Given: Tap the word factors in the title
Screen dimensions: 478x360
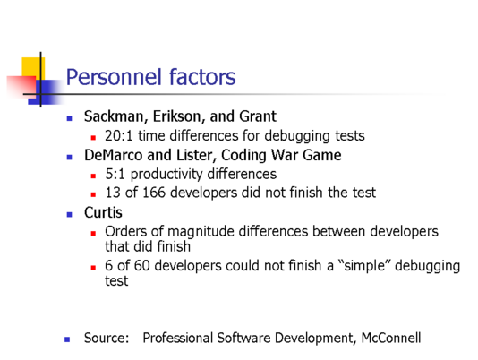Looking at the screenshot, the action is point(202,76).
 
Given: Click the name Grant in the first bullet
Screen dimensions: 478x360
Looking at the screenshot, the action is point(258,116).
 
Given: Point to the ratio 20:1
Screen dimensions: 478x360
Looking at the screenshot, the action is point(119,135).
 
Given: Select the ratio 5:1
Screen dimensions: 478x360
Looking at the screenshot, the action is point(115,174).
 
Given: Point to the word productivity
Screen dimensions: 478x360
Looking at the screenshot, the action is point(166,175).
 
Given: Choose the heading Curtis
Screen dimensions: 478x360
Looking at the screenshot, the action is point(103,212).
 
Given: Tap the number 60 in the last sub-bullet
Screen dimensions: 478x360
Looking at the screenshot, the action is point(141,265).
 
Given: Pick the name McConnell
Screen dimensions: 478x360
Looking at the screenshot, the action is point(391,338).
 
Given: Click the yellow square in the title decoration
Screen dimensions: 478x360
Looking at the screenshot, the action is point(33,69).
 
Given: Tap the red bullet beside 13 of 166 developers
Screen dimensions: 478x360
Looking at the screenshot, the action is point(93,194).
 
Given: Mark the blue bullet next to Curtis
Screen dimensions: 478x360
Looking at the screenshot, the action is point(69,214).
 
